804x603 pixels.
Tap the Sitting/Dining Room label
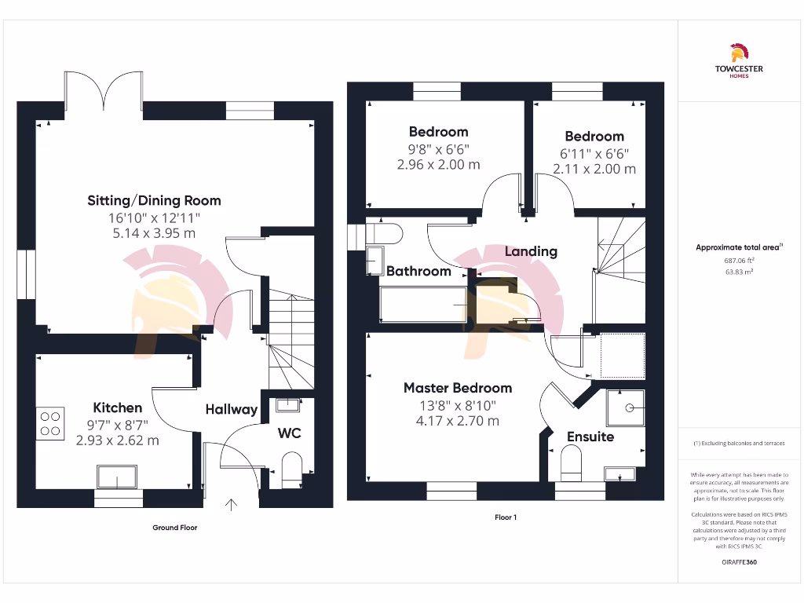tap(154, 200)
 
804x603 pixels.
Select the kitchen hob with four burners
tap(51, 423)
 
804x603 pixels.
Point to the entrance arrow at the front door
tap(232, 504)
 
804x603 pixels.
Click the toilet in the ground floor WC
tap(291, 466)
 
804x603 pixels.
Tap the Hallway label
tap(232, 409)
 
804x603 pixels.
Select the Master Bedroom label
tap(457, 388)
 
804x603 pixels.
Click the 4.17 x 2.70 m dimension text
tap(457, 421)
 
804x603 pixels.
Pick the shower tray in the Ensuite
tap(625, 408)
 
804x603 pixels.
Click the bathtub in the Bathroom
tap(424, 305)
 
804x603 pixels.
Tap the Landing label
tap(531, 251)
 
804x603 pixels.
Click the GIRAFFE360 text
tap(738, 562)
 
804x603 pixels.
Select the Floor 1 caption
tap(506, 517)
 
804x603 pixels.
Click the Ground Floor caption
tap(175, 528)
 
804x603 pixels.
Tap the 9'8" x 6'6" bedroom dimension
tap(438, 148)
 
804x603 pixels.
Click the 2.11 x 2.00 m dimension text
tap(594, 169)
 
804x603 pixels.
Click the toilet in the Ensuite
tap(571, 463)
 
